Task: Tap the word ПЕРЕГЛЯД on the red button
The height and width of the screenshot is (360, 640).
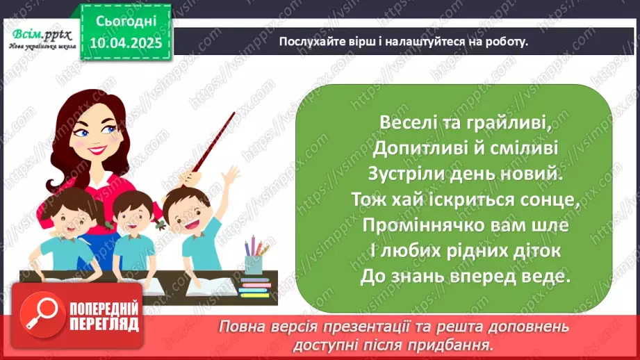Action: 104,323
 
